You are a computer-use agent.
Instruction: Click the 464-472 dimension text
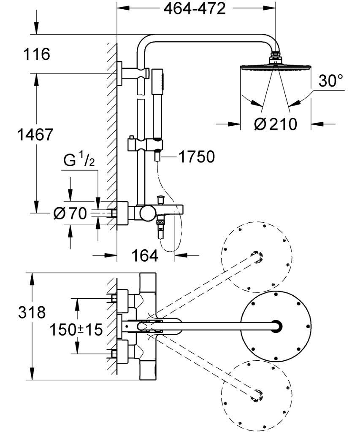click(195, 8)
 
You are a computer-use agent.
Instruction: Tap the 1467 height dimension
click(35, 135)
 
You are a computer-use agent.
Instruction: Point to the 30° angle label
click(330, 81)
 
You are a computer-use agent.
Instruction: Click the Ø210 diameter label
click(276, 124)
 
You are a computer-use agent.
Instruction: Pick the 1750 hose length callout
click(196, 157)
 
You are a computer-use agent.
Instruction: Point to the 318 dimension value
click(32, 313)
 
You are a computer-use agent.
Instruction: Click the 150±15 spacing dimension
click(76, 329)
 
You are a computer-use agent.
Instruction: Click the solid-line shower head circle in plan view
click(275, 326)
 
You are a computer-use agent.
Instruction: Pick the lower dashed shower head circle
click(256, 395)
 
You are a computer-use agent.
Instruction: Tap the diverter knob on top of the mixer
click(160, 198)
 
